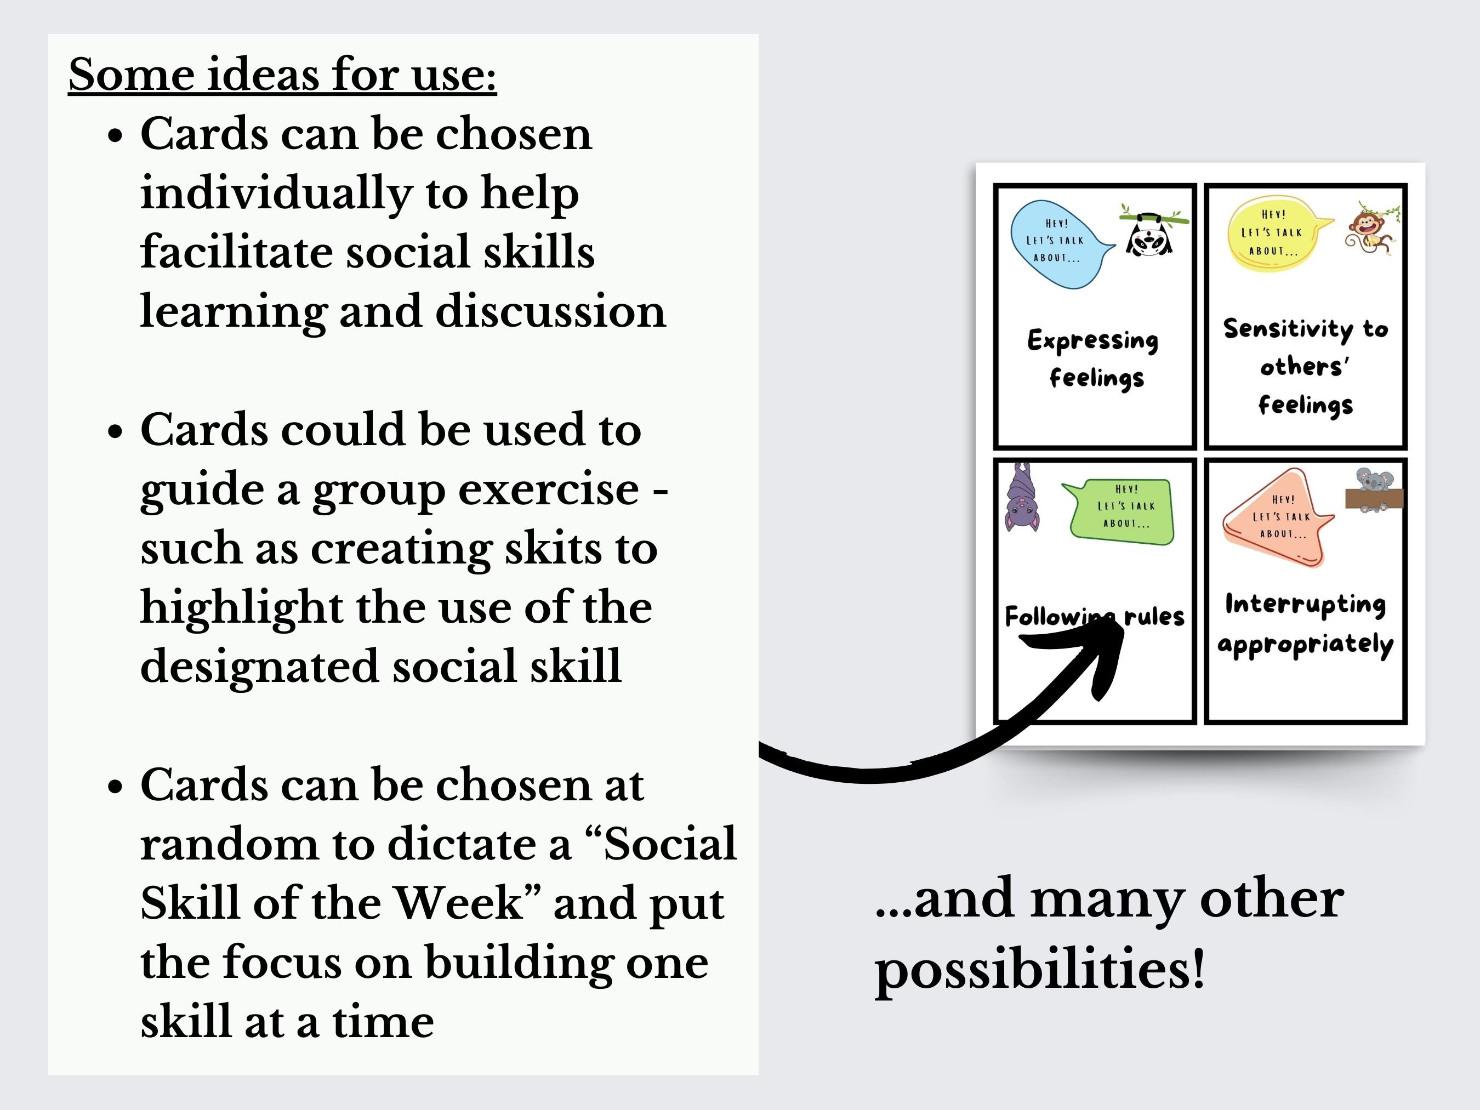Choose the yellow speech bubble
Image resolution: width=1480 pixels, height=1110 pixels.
pos(1272,234)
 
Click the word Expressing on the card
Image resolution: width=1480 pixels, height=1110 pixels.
pos(1092,340)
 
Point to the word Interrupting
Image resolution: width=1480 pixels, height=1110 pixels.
pos(1305,604)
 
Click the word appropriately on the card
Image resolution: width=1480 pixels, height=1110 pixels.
pos(1305,644)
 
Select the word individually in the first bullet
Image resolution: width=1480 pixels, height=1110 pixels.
pos(276,193)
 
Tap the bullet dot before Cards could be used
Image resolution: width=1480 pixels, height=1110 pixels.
pos(116,431)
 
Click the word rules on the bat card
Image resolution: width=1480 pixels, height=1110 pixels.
pos(1154,616)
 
